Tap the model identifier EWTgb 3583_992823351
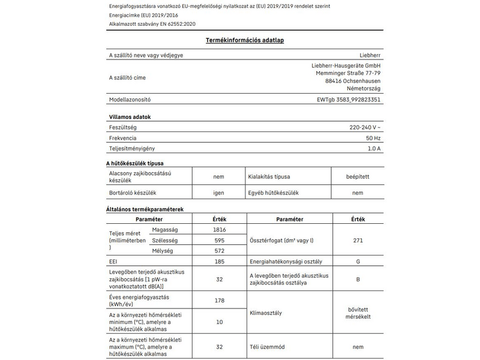point(348,100)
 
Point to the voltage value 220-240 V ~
point(364,128)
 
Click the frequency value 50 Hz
point(373,138)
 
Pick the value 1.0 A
point(374,148)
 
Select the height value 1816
point(218,230)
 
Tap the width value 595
point(218,241)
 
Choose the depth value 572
point(218,251)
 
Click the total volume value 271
point(358,241)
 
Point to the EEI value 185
point(218,262)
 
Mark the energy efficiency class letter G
point(358,262)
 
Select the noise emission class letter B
point(358,278)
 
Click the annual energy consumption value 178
point(218,300)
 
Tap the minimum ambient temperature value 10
point(218,322)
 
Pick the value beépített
point(358,177)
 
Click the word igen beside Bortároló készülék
point(218,193)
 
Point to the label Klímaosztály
point(265,313)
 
